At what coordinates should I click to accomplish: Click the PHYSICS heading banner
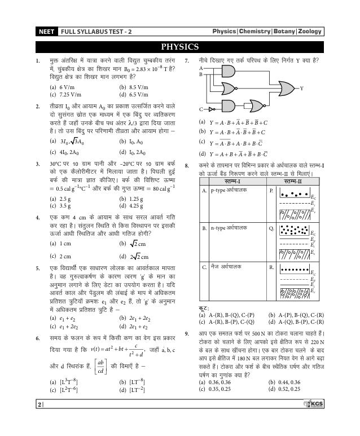pos(179,46)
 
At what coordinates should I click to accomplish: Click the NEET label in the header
pos(46,32)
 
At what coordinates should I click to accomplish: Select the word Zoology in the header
pos(310,32)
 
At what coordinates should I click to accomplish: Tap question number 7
pos(187,60)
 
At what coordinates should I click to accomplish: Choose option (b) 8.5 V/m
pos(134,87)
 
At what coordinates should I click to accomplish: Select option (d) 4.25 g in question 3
pos(133,206)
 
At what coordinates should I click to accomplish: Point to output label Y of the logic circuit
pos(301,89)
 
